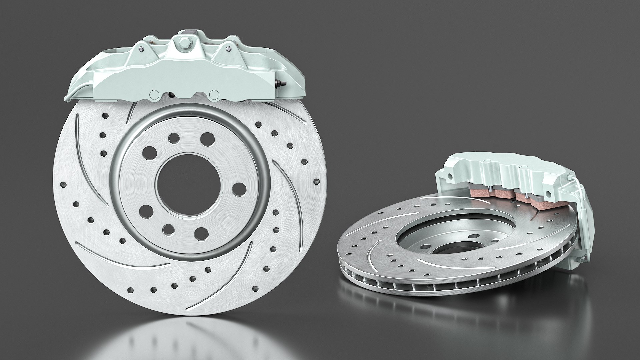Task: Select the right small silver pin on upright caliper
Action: pos(228,49)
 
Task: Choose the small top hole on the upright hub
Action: pos(173,138)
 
